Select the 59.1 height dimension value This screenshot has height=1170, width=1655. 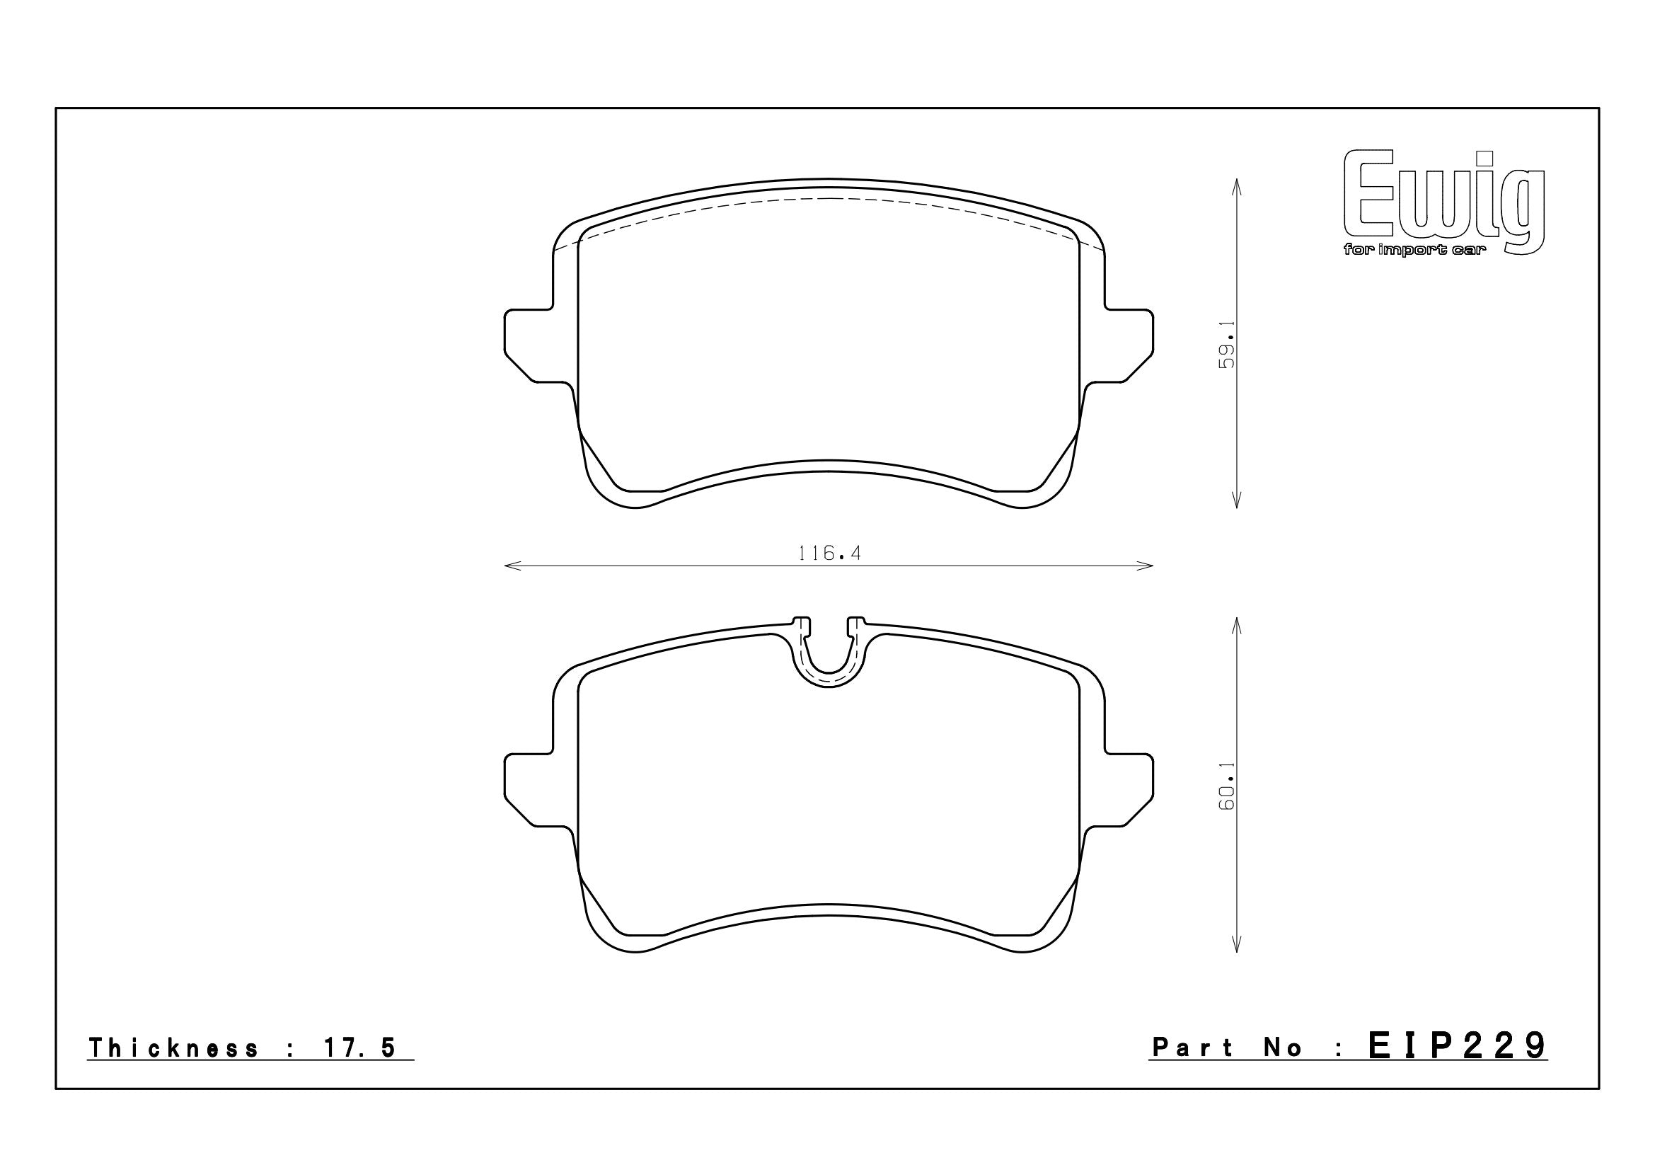click(1226, 345)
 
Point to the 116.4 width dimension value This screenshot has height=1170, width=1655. click(830, 553)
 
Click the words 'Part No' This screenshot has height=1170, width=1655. click(1228, 1048)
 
